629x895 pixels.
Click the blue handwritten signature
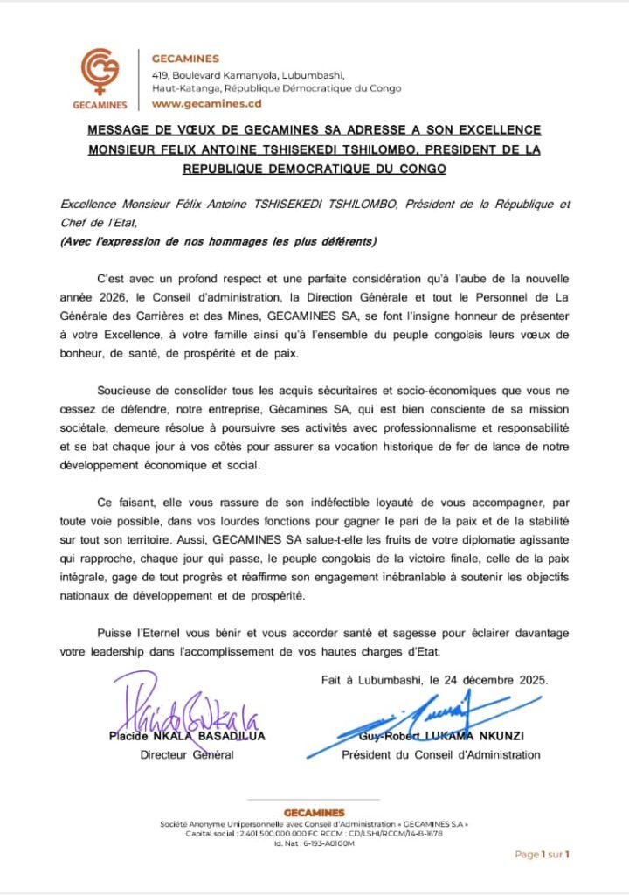(442, 722)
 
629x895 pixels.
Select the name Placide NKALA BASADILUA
(186, 736)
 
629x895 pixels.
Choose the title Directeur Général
(187, 755)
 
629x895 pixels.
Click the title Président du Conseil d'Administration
(440, 755)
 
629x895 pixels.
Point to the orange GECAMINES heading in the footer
(314, 813)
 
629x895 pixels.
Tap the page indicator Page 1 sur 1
(542, 854)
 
